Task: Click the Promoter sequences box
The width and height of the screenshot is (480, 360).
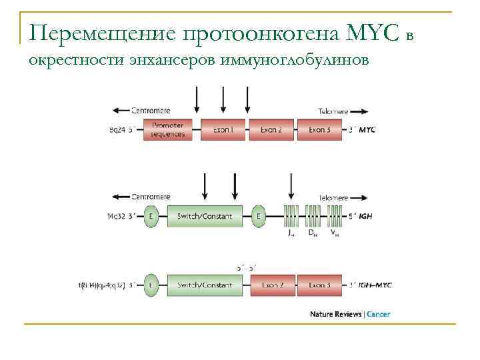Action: [167, 129]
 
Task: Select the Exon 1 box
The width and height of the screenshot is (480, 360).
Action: [223, 129]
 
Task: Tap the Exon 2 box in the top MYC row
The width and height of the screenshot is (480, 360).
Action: [272, 129]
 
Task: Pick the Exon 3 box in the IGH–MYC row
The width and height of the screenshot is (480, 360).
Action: [319, 285]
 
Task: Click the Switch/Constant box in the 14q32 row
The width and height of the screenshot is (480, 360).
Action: [205, 216]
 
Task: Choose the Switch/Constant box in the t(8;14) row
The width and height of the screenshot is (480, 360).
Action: [205, 285]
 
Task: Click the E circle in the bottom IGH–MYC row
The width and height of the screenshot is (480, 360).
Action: [151, 285]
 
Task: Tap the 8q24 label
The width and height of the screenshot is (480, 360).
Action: [119, 130]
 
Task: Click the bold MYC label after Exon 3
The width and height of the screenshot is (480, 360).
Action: [367, 130]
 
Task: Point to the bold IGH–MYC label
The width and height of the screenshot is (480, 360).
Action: [375, 285]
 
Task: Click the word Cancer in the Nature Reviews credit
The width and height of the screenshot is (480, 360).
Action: [379, 314]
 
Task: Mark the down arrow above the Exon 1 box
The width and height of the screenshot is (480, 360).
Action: [223, 100]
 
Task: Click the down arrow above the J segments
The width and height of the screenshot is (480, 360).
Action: [291, 187]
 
